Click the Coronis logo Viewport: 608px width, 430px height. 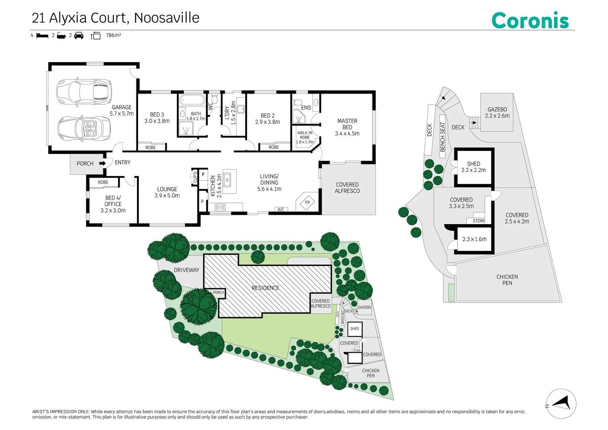click(530, 20)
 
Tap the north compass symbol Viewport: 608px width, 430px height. click(561, 404)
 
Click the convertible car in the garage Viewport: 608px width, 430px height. click(84, 129)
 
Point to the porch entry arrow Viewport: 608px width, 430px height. click(103, 163)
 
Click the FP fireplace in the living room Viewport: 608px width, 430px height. click(307, 202)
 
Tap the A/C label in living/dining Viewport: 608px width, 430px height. click(281, 209)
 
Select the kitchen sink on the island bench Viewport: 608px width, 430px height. click(227, 180)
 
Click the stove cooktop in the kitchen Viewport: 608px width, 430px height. click(220, 207)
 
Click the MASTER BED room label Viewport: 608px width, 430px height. click(347, 124)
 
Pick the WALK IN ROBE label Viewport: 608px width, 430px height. click(305, 135)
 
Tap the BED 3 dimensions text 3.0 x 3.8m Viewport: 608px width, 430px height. click(157, 121)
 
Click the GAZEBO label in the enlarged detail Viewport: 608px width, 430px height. click(497, 109)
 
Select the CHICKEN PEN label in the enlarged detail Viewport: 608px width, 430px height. click(507, 280)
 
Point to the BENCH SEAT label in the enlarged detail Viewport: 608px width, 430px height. click(443, 137)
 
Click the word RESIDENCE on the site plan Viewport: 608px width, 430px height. click(265, 288)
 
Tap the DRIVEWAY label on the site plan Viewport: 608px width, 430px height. click(186, 270)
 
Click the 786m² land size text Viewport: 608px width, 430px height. click(113, 35)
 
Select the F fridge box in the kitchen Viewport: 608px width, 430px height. click(203, 174)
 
